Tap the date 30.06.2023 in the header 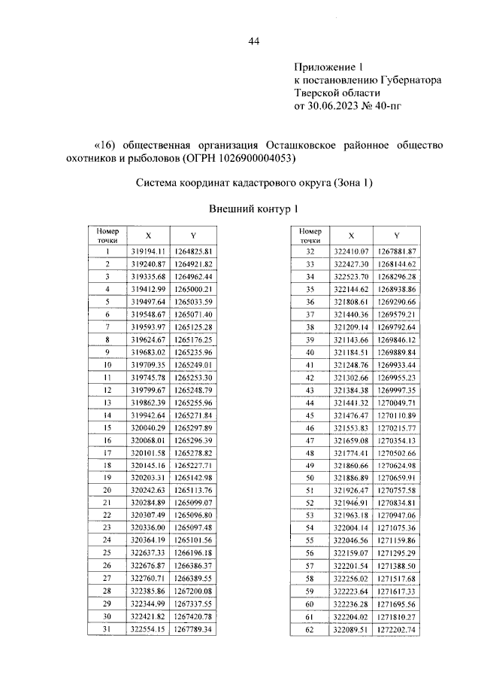coord(335,106)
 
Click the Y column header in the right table coord(396,236)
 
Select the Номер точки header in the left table coord(108,236)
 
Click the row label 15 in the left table coord(108,427)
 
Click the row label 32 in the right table coord(310,251)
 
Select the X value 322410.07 coord(349,251)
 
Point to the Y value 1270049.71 coord(397,403)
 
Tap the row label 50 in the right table coord(310,478)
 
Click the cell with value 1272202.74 coord(397,629)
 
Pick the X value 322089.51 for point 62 coord(349,629)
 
